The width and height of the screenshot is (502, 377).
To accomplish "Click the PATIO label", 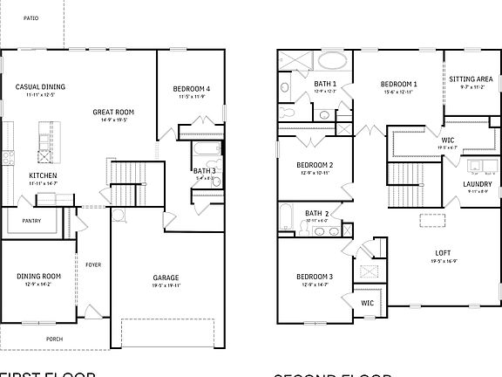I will pyautogui.click(x=31, y=17).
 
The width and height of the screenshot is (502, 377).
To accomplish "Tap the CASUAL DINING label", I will pyautogui.click(x=40, y=86).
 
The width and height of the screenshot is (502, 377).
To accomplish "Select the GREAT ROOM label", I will pyautogui.click(x=114, y=112).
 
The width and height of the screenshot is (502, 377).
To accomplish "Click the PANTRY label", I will pyautogui.click(x=31, y=221).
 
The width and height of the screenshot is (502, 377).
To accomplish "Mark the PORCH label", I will pyautogui.click(x=55, y=339).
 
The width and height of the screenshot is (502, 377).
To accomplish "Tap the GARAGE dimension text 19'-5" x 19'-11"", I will pyautogui.click(x=166, y=284).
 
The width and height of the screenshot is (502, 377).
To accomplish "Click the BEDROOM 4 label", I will pyautogui.click(x=190, y=88).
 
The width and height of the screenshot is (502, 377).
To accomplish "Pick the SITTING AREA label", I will pyautogui.click(x=471, y=79).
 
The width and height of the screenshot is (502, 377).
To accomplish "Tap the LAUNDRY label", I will pyautogui.click(x=477, y=184).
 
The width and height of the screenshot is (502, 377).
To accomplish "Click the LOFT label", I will pyautogui.click(x=443, y=253).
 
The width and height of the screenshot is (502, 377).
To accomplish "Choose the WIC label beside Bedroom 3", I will pyautogui.click(x=368, y=302).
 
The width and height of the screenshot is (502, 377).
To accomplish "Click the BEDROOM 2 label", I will pyautogui.click(x=315, y=164).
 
